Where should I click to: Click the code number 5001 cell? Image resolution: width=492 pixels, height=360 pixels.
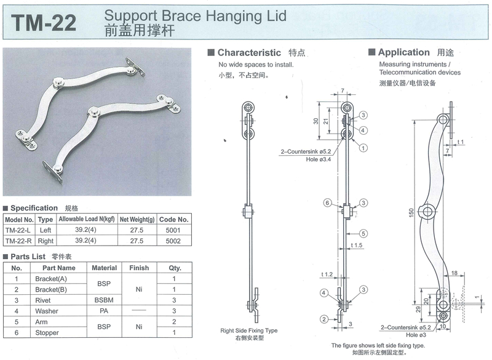[x=173, y=230]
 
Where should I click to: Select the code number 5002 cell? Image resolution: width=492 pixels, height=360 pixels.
[x=173, y=241]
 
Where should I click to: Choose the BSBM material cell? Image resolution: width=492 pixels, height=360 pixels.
[x=104, y=300]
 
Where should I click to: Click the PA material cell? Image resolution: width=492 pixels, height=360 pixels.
[x=104, y=311]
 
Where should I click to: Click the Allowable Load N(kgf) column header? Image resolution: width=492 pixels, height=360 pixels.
[x=86, y=219]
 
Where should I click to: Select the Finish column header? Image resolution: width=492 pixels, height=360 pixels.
[x=139, y=268]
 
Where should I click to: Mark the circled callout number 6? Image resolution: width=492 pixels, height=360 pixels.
[x=328, y=203]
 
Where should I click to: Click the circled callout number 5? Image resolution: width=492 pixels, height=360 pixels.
[x=364, y=233]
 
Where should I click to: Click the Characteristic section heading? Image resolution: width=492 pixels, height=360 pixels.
[x=248, y=53]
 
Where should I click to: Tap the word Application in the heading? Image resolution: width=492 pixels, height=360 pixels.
[x=403, y=53]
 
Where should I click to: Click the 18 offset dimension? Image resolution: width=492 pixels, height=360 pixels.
[x=453, y=273]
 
